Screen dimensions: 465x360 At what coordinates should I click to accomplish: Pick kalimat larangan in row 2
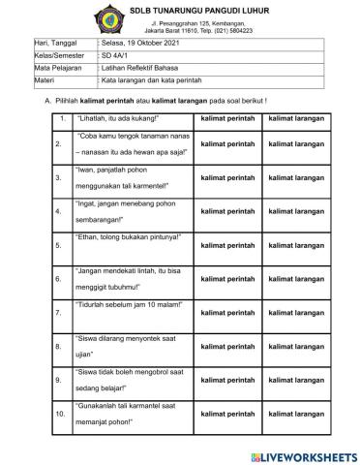[x=295, y=143]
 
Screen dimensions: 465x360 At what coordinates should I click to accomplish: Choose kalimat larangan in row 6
[x=295, y=279]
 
